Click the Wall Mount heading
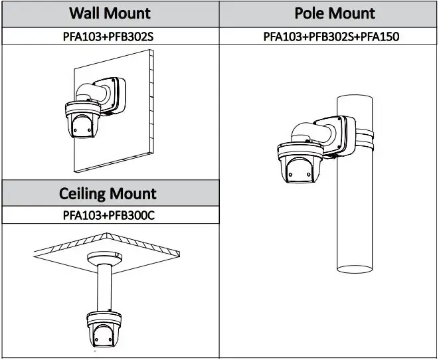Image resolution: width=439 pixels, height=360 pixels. [x=110, y=13]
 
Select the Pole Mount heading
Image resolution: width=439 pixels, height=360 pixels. [x=335, y=13]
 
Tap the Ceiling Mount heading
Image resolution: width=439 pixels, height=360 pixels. [x=108, y=193]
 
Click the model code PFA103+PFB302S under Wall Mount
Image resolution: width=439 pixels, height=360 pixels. [x=108, y=37]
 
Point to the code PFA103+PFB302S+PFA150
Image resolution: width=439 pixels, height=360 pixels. [x=331, y=37]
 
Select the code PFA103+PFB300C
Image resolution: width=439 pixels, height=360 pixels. [x=109, y=215]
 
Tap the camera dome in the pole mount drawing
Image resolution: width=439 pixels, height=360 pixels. [x=300, y=163]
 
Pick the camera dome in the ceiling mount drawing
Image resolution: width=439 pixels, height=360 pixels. [x=104, y=329]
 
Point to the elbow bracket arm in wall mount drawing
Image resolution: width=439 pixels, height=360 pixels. [x=92, y=92]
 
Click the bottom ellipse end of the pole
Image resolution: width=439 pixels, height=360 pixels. [x=355, y=269]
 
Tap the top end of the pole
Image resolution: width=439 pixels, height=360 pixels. [x=355, y=98]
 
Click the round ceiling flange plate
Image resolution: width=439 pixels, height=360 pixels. [x=104, y=258]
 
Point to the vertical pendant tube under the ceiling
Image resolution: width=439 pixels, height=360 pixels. [x=104, y=288]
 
